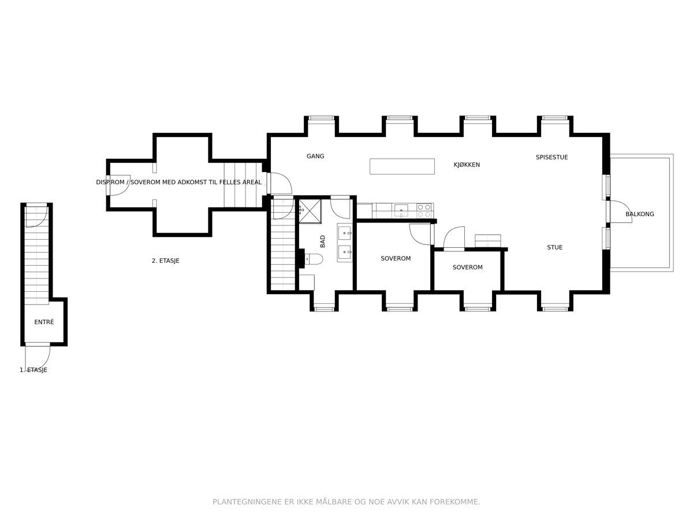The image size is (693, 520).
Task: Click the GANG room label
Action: pyautogui.click(x=315, y=156)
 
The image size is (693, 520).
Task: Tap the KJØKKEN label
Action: pyautogui.click(x=467, y=165)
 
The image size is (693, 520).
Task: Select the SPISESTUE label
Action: pyautogui.click(x=552, y=157)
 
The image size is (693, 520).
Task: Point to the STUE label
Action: pyautogui.click(x=555, y=247)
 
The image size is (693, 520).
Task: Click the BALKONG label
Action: pyautogui.click(x=640, y=214)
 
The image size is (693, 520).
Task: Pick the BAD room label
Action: pyautogui.click(x=322, y=242)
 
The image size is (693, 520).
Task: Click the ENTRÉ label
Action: pyautogui.click(x=44, y=322)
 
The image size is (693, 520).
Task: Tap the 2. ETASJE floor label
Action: pyautogui.click(x=165, y=261)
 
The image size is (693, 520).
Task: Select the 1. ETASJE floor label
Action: pyautogui.click(x=33, y=370)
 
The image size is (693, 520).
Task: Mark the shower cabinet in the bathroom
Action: pyautogui.click(x=310, y=211)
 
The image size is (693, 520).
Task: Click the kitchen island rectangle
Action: pyautogui.click(x=402, y=166)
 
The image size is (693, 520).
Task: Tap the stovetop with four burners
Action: pyautogui.click(x=424, y=210)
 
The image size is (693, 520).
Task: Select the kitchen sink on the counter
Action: pyautogui.click(x=401, y=210)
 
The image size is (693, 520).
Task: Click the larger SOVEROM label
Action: pyautogui.click(x=396, y=258)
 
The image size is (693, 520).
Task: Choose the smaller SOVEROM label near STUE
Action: pyautogui.click(x=468, y=267)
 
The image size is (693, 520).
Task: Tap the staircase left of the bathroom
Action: pyautogui.click(x=283, y=244)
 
